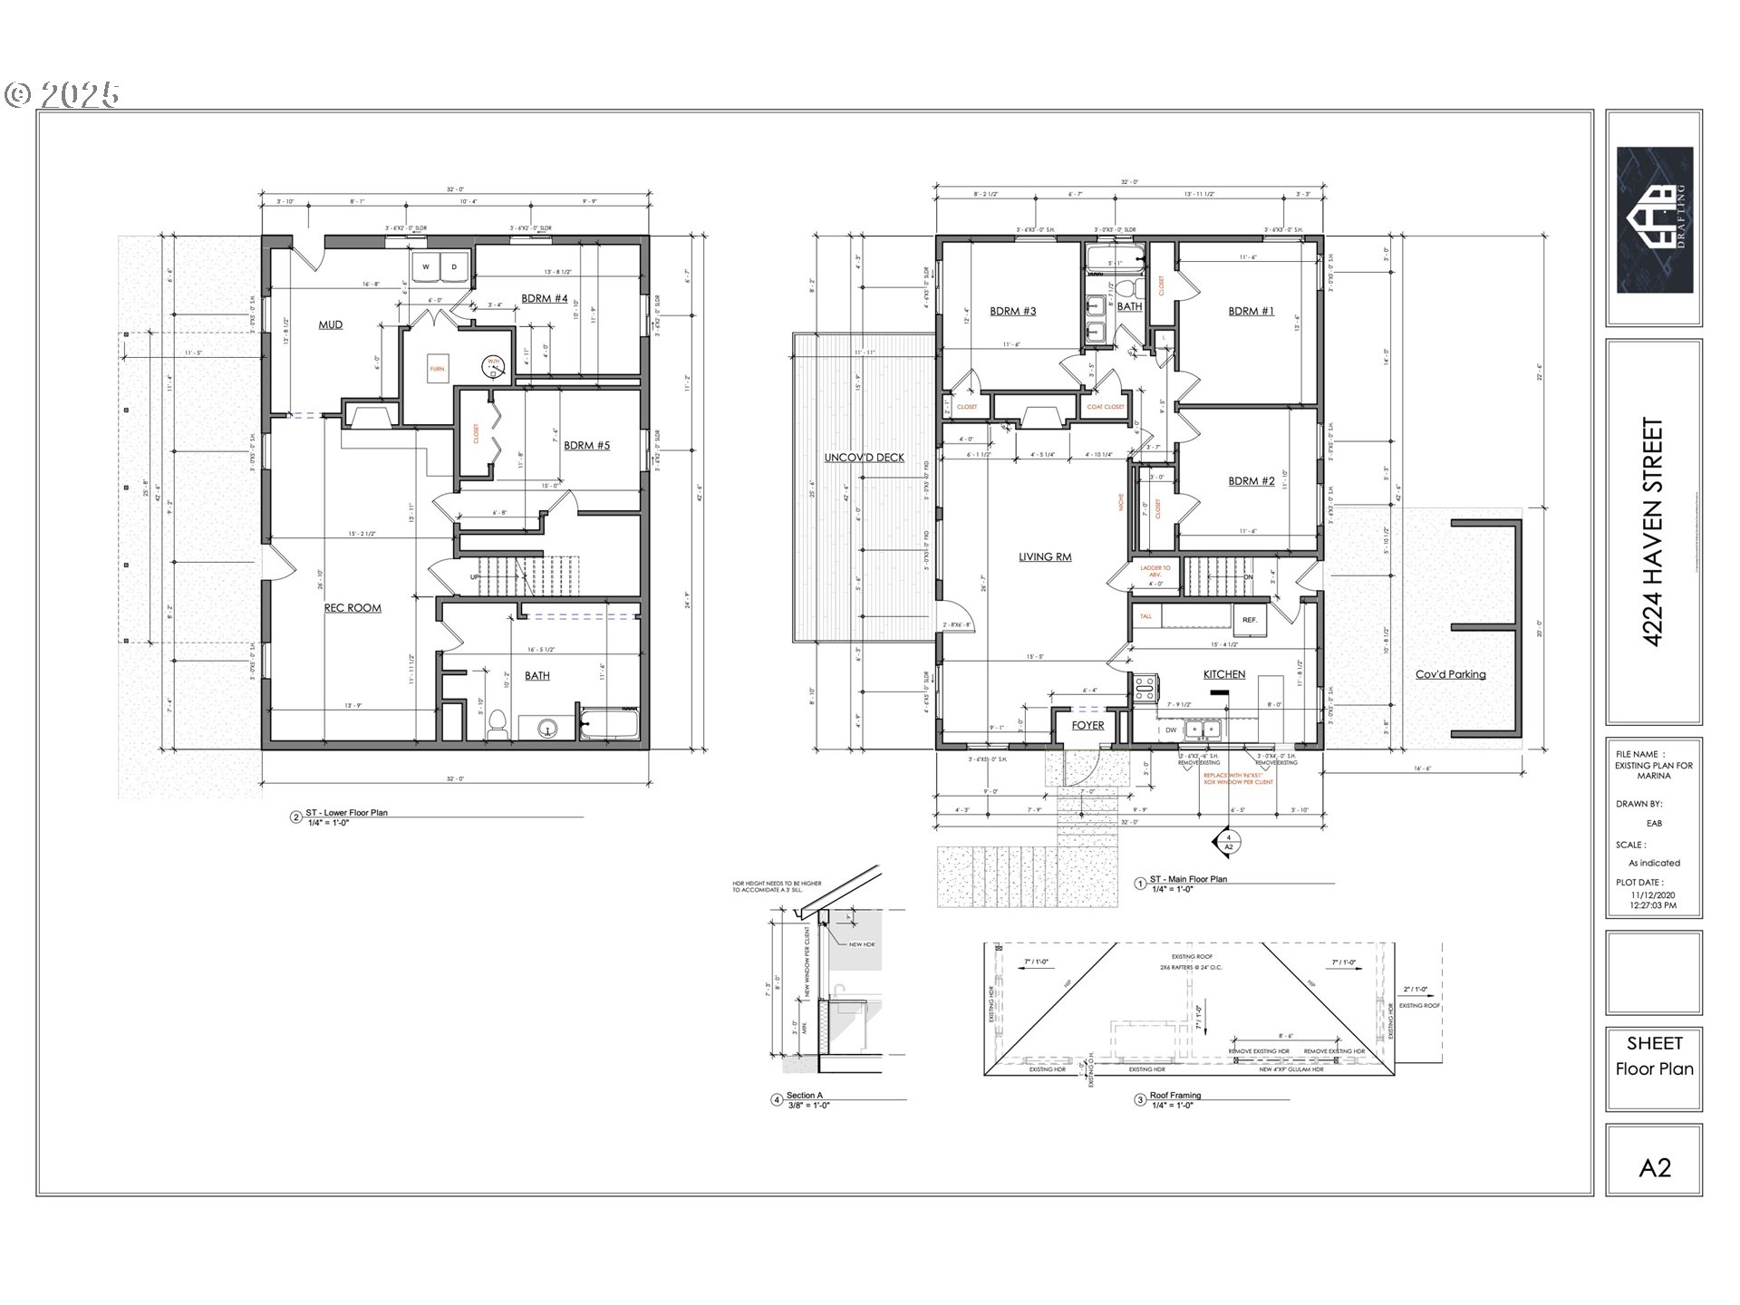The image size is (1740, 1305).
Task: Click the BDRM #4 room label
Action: (544, 298)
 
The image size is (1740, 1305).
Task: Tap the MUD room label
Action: (330, 324)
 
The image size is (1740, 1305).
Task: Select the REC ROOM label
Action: (353, 608)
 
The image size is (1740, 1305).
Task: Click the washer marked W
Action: (425, 267)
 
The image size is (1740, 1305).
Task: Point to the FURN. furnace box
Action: (438, 369)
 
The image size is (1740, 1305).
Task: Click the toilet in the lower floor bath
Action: (497, 724)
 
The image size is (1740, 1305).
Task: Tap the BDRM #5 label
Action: (586, 445)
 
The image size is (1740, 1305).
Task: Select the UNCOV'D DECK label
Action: (864, 458)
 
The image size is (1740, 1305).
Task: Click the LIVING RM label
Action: (1044, 556)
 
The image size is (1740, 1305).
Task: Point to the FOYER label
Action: (1087, 725)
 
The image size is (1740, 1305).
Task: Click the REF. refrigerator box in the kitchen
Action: (1249, 620)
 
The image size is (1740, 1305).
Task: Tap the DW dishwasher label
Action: (1171, 730)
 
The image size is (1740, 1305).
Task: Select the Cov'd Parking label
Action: (1450, 674)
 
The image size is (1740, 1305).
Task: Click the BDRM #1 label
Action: (1251, 311)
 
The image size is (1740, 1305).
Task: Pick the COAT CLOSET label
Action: (1105, 407)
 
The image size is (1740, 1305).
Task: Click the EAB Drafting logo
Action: (1654, 219)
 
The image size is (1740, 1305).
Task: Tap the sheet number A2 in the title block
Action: (1654, 1167)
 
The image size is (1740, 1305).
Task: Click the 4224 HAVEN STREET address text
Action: (1654, 532)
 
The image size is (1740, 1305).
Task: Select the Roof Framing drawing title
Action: (1174, 1095)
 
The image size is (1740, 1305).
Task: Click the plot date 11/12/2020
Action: (1653, 894)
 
